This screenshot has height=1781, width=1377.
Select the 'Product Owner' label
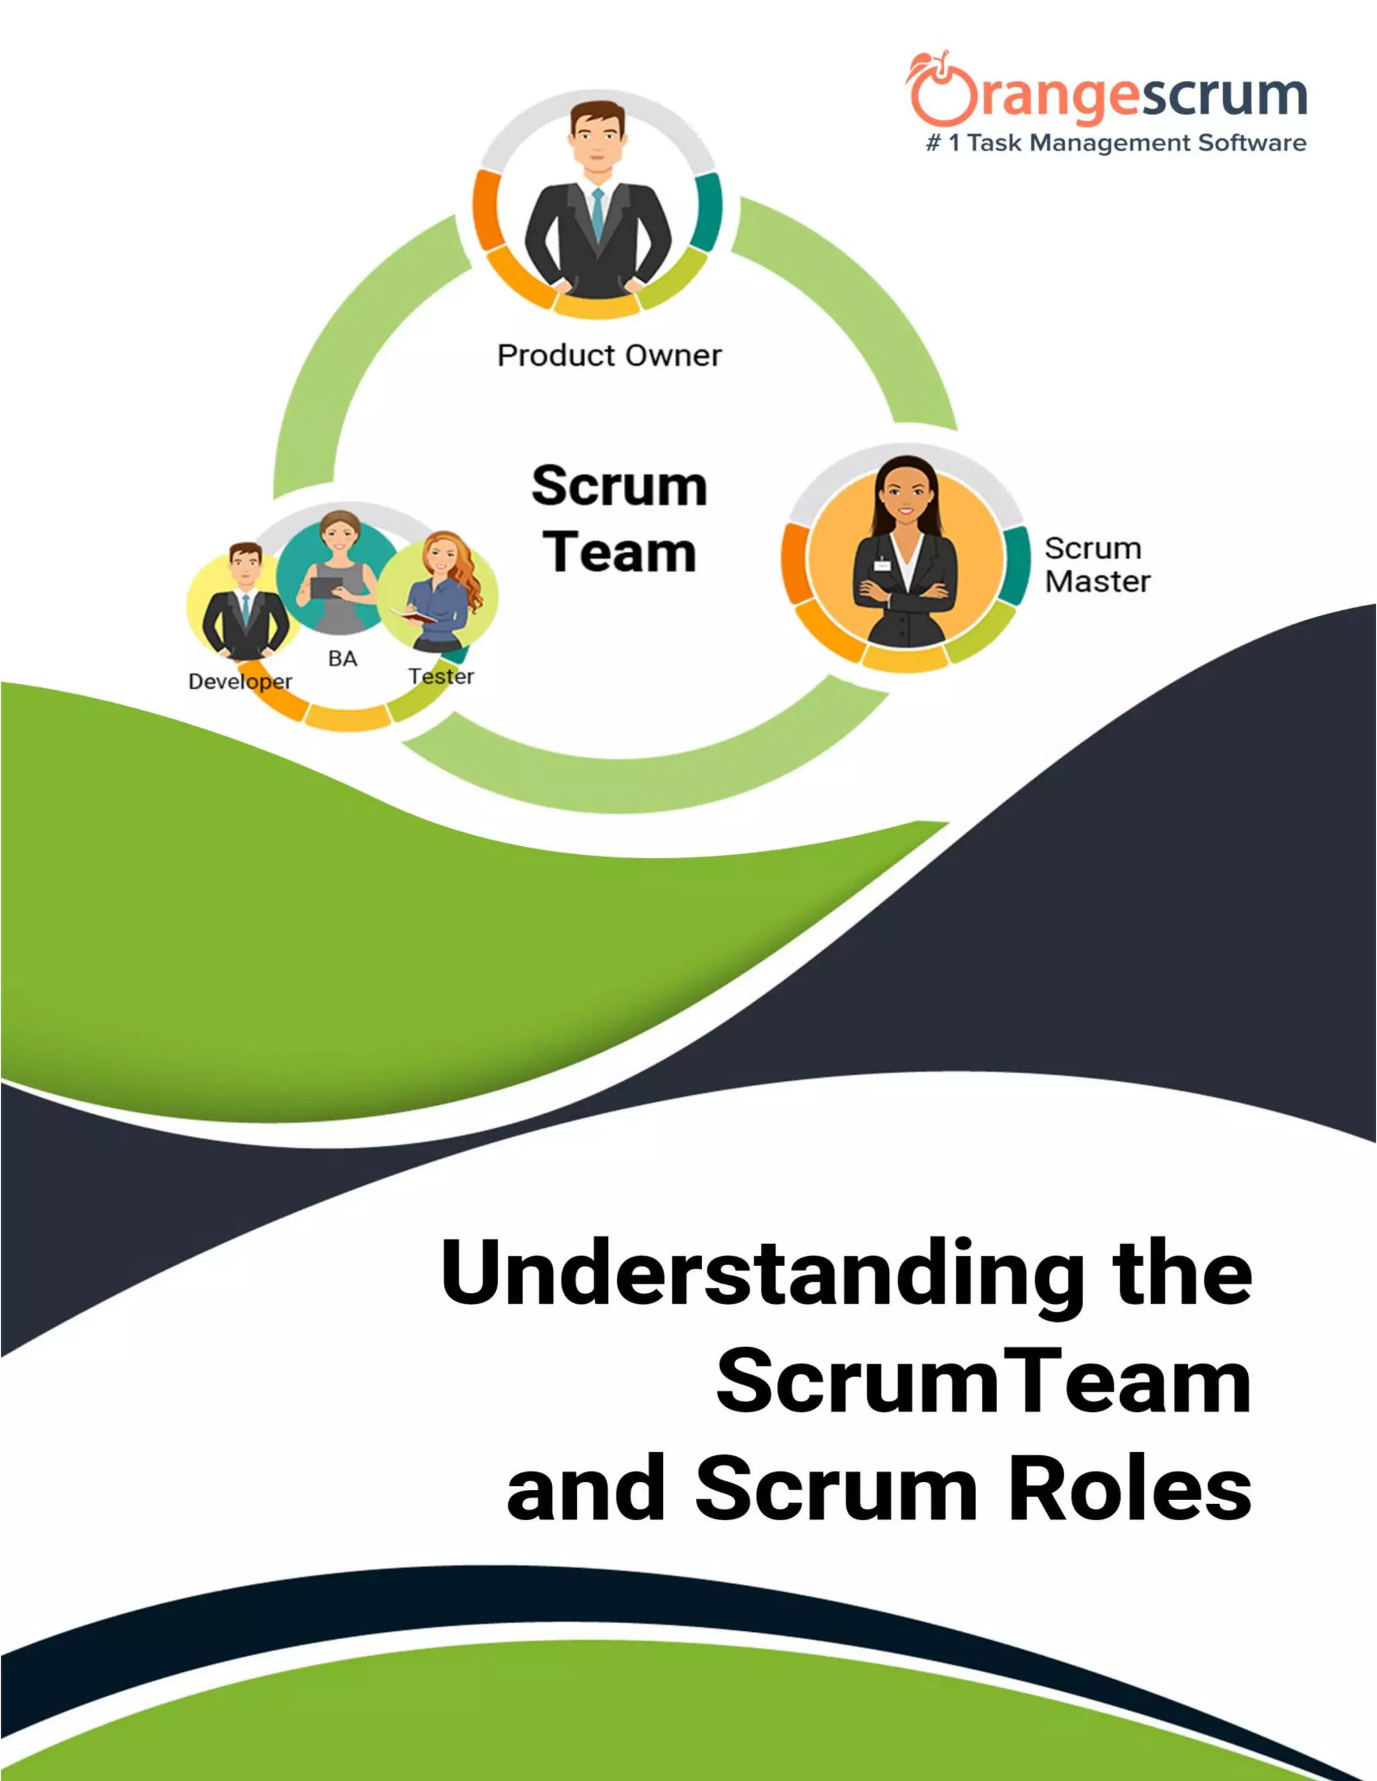[609, 356]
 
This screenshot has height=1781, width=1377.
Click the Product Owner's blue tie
[598, 213]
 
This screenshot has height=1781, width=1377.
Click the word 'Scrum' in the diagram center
[619, 487]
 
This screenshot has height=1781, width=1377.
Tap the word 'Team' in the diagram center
[619, 553]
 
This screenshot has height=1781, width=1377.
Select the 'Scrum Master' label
[1097, 565]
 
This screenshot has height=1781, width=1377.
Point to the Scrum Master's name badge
[882, 565]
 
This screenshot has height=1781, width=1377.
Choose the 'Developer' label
[240, 681]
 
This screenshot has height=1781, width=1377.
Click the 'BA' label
[343, 658]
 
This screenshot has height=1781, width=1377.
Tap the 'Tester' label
[441, 676]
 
